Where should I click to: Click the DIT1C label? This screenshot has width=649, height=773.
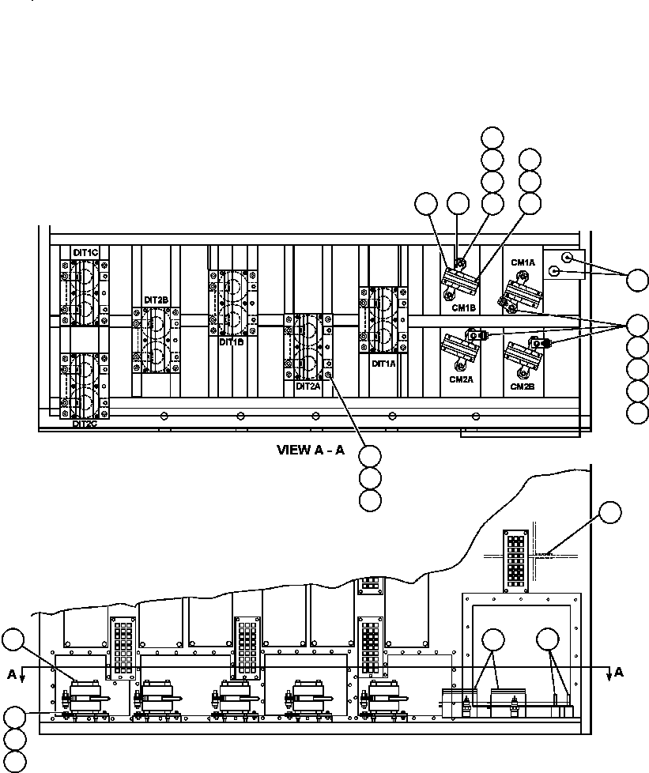[x=85, y=252]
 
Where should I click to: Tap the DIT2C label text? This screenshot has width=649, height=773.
[x=85, y=424]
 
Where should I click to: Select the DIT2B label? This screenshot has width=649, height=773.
[x=156, y=300]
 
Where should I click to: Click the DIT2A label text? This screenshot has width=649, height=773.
[x=307, y=387]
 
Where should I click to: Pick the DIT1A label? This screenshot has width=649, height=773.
[x=383, y=364]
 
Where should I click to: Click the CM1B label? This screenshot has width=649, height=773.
[x=462, y=308]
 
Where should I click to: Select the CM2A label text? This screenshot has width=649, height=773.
[x=461, y=379]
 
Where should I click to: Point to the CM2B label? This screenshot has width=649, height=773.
[x=523, y=386]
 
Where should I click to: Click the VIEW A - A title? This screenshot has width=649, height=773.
[x=310, y=451]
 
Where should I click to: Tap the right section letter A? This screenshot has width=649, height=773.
[x=619, y=673]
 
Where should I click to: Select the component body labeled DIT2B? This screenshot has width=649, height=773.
[x=156, y=340]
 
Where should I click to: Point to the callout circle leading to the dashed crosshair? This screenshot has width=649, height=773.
[x=609, y=513]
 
